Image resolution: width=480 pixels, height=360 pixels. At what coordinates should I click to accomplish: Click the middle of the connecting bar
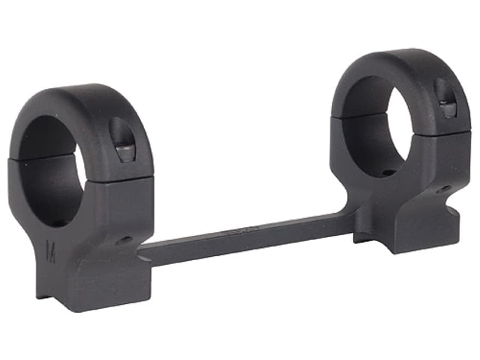point(245,235)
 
